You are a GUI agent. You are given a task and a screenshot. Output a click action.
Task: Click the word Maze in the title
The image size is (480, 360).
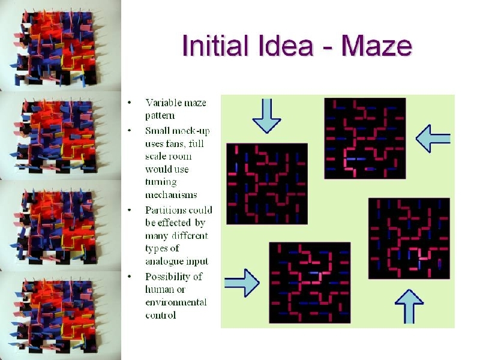pyautogui.click(x=377, y=46)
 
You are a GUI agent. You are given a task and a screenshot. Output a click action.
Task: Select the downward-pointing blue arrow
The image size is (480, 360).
pyautogui.click(x=266, y=116)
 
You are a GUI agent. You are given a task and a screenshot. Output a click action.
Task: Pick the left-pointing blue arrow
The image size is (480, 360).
pyautogui.click(x=433, y=139)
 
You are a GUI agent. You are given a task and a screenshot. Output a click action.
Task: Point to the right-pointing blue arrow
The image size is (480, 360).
pyautogui.click(x=242, y=283)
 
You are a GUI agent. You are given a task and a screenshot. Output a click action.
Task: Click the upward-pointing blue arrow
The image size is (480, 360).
pyautogui.click(x=409, y=306)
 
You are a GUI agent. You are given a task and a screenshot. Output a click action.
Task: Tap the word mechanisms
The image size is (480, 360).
pyautogui.click(x=171, y=194)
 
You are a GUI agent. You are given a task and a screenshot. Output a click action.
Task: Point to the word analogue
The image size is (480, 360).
pyautogui.click(x=161, y=261)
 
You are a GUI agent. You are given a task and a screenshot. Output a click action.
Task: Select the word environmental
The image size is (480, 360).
pyautogui.click(x=176, y=302)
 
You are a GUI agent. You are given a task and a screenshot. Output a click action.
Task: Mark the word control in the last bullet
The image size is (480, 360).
pyautogui.click(x=160, y=315)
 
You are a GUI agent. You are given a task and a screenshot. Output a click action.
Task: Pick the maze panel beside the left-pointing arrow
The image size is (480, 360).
pyautogui.click(x=365, y=139)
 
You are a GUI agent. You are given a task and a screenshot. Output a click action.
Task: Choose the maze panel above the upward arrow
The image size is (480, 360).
pyautogui.click(x=409, y=238)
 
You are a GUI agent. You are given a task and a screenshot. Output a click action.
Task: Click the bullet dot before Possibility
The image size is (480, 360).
pyautogui.click(x=130, y=277)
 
